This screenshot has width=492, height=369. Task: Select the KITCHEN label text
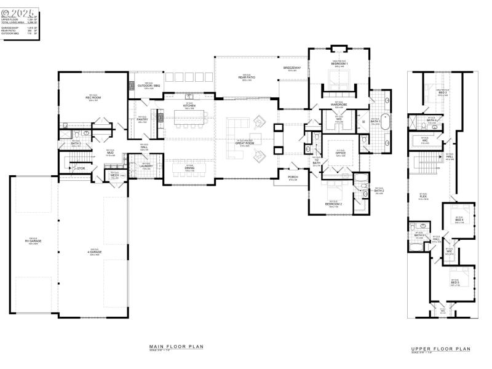pyautogui.click(x=188, y=106)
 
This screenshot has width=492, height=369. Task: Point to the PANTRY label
pyautogui.click(x=142, y=119)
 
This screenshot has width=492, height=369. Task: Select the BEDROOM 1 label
pyautogui.click(x=339, y=64)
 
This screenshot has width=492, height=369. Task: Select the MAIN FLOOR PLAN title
pyautogui.click(x=176, y=347)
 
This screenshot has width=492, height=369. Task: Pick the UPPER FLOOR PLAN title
pyautogui.click(x=440, y=349)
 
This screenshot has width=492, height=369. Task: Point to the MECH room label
pyautogui.click(x=114, y=175)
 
